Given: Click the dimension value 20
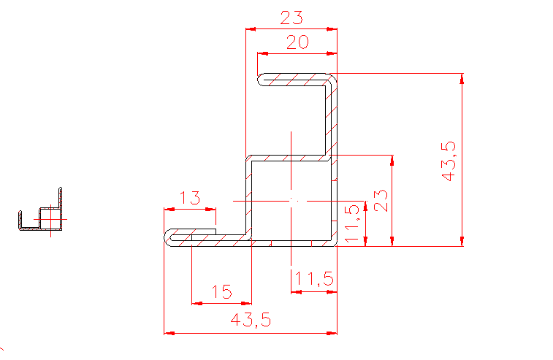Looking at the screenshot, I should [x=297, y=43].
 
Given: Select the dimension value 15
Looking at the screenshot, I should [x=221, y=292].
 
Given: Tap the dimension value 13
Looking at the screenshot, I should [x=189, y=198].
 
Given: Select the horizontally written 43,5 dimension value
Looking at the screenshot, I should [x=251, y=320].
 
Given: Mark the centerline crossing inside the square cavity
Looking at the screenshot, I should [x=291, y=199].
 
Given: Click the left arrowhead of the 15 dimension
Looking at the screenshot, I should [x=195, y=302].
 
